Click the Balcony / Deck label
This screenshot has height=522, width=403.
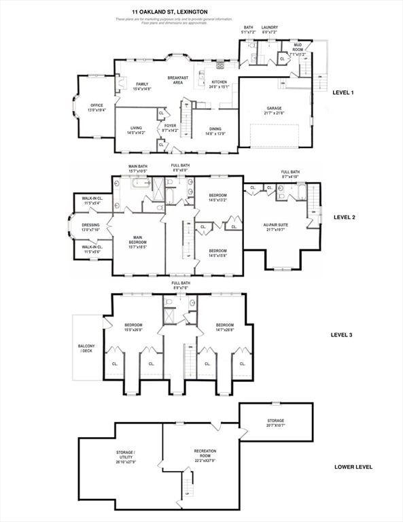pyautogui.click(x=86, y=349)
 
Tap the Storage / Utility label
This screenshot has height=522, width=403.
pyautogui.click(x=125, y=454)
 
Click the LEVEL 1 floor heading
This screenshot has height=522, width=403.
pyautogui.click(x=343, y=92)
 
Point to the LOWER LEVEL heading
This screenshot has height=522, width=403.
pyautogui.click(x=353, y=468)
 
